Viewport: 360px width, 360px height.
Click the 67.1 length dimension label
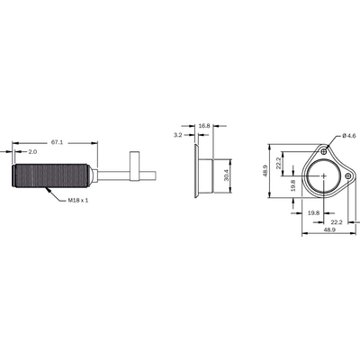57,142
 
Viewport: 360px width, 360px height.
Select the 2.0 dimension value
32,152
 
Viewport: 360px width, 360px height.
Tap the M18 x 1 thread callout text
78,200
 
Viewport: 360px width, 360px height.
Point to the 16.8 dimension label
204,126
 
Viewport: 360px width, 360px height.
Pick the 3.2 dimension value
178,135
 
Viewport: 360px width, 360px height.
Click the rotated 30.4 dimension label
227,175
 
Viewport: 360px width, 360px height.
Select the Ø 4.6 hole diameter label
349,136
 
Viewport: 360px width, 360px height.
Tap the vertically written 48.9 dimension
265,171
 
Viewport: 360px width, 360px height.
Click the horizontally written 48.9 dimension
329,229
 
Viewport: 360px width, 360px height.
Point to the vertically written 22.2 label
279,163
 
